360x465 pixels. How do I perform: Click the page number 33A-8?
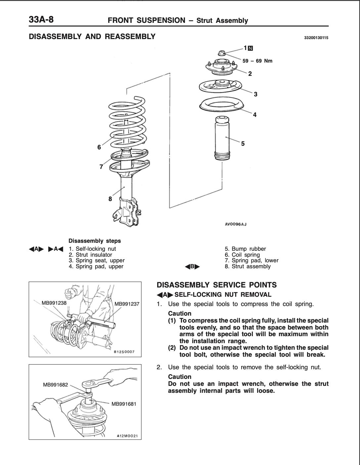(41, 20)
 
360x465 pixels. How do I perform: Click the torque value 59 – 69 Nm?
(257, 61)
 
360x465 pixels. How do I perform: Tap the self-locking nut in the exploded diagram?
(222, 53)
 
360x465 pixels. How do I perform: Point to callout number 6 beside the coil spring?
(99, 147)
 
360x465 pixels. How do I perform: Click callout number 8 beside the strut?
(110, 199)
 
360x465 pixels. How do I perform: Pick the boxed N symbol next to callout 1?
(250, 48)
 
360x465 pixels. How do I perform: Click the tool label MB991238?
(54, 303)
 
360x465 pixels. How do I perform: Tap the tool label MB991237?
(127, 304)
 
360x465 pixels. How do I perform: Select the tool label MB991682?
(55, 385)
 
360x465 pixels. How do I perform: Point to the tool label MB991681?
(124, 404)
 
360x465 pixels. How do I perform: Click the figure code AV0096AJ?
(236, 224)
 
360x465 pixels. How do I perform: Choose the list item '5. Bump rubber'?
(245, 249)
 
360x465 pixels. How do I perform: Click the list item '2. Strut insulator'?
(90, 255)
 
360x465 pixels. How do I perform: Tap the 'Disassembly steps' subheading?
(95, 241)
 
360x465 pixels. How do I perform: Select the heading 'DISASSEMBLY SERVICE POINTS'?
(216, 285)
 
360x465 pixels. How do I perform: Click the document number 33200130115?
(316, 38)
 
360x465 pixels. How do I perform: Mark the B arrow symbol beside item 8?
(192, 267)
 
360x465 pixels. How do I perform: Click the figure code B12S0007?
(124, 352)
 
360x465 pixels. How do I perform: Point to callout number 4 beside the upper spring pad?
(254, 115)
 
